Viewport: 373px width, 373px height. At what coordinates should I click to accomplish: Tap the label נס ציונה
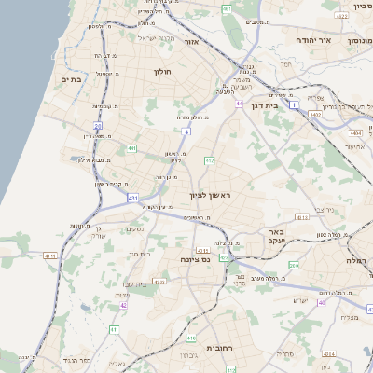(x=197, y=260)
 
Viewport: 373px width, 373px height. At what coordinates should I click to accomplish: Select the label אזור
(x=192, y=42)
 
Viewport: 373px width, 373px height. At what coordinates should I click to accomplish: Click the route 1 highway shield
(x=295, y=105)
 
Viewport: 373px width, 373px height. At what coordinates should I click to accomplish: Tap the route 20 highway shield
(x=97, y=124)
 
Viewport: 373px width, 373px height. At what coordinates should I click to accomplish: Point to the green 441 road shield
(x=132, y=147)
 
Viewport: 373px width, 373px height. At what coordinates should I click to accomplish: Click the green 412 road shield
(x=209, y=160)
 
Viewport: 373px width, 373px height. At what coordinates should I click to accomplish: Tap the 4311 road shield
(x=50, y=255)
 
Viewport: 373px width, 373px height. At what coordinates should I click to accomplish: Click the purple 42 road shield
(x=123, y=305)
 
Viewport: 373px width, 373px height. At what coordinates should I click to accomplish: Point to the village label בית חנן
(x=139, y=253)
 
